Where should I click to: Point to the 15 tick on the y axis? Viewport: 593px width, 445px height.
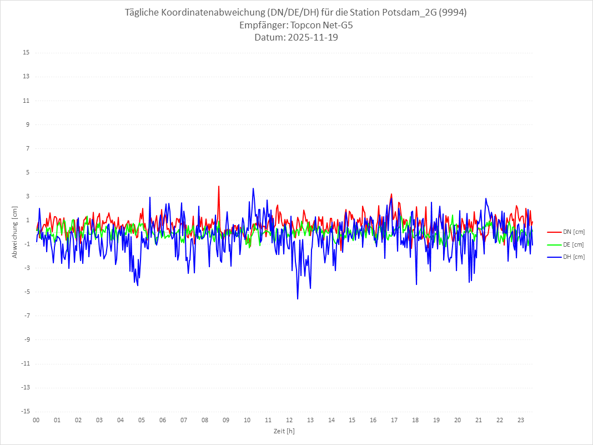click(26, 53)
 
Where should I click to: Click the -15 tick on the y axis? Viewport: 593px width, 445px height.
click(25, 411)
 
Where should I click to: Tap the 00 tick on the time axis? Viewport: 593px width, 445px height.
click(36, 420)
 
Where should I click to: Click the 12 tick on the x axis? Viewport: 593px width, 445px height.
click(289, 420)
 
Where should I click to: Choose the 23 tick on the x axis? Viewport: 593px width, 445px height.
click(521, 420)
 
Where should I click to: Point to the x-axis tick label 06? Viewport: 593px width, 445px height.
click(163, 420)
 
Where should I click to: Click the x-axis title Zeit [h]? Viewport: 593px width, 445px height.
click(284, 431)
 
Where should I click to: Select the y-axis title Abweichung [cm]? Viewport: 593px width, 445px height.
click(15, 232)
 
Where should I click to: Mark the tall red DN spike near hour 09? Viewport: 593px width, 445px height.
click(219, 187)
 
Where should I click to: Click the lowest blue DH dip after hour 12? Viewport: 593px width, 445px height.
click(298, 298)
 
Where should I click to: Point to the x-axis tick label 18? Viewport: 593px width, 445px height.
click(415, 420)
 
